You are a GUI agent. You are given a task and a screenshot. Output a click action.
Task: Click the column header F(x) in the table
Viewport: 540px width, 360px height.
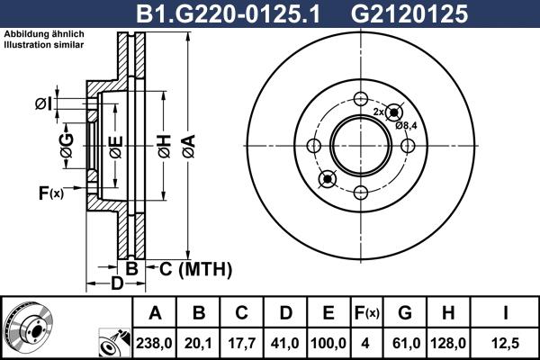367,313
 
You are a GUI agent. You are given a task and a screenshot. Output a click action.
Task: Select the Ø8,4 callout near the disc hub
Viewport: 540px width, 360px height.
406,126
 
